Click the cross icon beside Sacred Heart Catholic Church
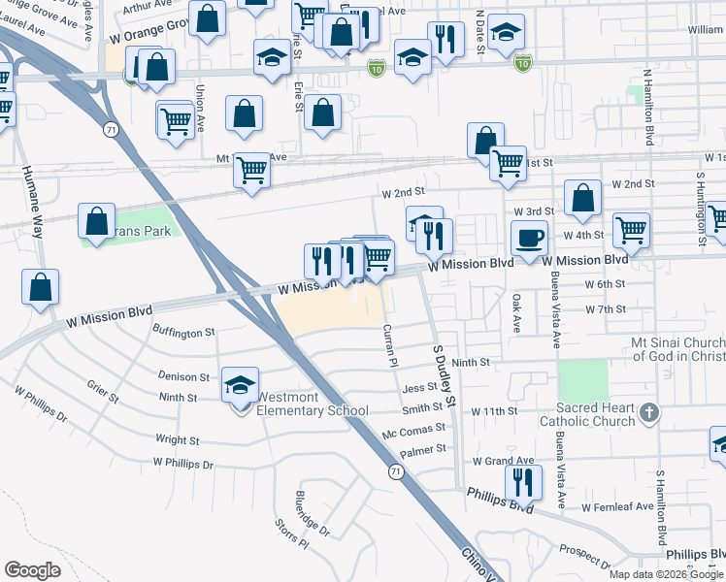coord(649,414)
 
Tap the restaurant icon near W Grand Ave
coord(523,481)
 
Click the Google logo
coord(33,570)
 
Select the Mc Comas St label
coord(412,428)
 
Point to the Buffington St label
coord(183,332)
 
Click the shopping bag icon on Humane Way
coord(40,286)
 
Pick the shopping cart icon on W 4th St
coord(631,231)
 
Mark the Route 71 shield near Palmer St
coord(395,471)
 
